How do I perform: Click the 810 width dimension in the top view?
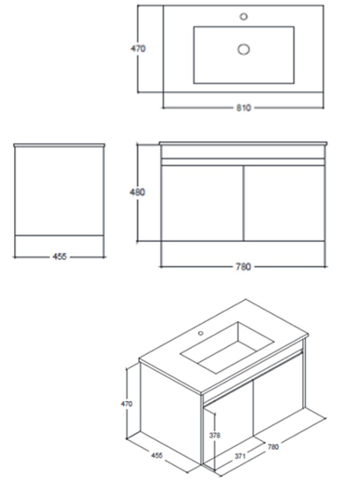pos(243,108)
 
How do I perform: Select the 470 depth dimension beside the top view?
pos(138,49)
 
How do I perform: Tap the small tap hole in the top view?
pos(244,16)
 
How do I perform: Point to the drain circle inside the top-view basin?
pos(243,49)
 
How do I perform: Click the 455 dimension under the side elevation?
pos(59,257)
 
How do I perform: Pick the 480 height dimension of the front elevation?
pos(137,192)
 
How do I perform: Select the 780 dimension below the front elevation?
pos(243,267)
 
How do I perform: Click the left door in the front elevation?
pos(202,203)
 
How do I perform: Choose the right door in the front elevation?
pos(284,203)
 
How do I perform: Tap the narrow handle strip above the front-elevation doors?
pos(243,162)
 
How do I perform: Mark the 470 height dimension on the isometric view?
pos(126,403)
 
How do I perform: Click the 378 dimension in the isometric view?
pos(215,435)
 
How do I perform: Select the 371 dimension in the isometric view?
pos(240,456)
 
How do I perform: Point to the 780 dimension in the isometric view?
pos(273,447)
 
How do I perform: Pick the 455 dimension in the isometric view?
pos(157,455)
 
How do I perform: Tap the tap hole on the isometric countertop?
pos(201,333)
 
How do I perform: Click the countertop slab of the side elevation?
pos(59,145)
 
